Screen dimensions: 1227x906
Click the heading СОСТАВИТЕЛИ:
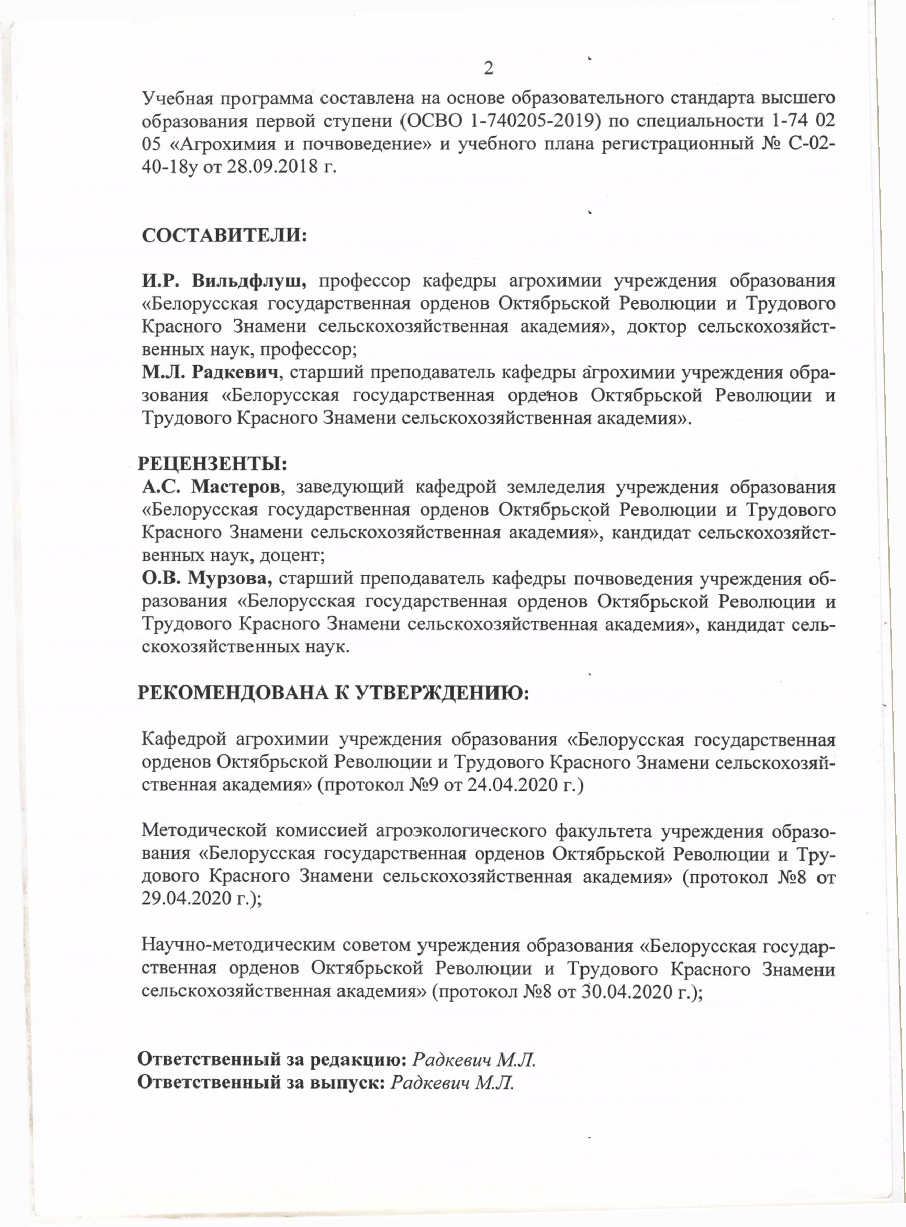(x=224, y=235)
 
